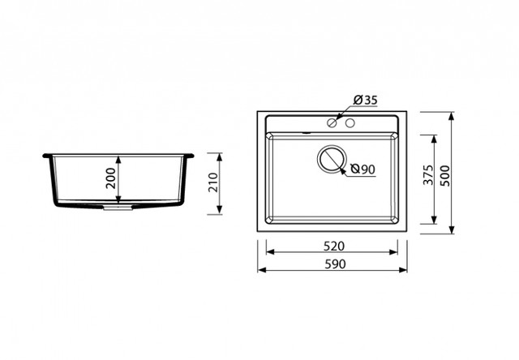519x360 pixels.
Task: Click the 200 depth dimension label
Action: pos(111,178)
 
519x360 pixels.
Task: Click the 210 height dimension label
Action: pos(213,182)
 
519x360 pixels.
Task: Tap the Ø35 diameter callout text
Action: pos(365,100)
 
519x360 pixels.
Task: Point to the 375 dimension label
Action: pos(428,174)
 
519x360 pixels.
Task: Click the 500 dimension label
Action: pos(445,176)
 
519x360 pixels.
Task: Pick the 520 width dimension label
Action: pos(334,246)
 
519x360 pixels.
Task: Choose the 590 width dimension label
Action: pos(335,264)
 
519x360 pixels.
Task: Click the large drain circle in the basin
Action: pos(332,159)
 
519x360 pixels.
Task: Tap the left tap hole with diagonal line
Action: pos(332,123)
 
